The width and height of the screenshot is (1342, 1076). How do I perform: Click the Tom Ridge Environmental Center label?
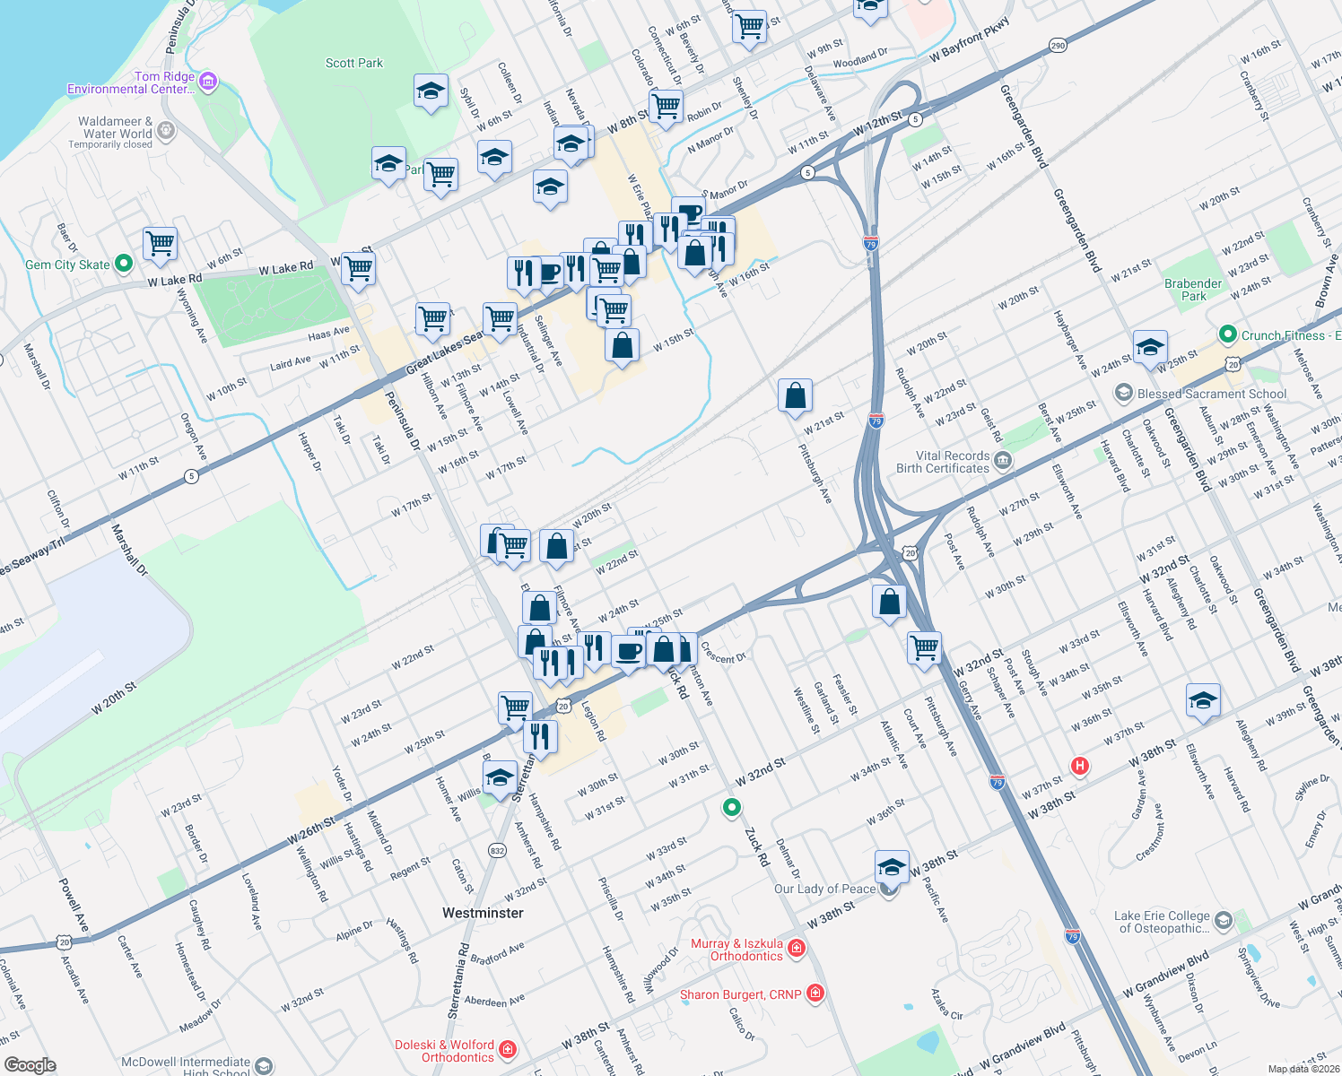click(130, 82)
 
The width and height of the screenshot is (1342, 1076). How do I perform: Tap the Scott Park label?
click(353, 63)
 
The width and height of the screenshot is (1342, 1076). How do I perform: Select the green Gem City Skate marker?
click(124, 264)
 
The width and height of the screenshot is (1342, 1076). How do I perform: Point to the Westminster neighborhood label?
click(483, 913)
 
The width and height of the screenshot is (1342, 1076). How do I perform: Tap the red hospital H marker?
click(1080, 766)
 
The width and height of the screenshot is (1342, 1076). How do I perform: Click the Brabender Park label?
click(1193, 290)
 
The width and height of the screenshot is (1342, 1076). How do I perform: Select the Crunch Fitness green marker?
click(1228, 335)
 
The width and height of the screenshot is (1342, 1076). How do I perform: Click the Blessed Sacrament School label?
click(1211, 394)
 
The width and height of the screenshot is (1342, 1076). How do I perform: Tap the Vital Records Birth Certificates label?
click(943, 462)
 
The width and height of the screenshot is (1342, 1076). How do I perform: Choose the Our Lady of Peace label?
click(824, 889)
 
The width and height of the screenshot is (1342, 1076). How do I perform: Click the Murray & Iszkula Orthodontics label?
click(736, 950)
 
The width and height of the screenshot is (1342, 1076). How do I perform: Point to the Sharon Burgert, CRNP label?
click(740, 994)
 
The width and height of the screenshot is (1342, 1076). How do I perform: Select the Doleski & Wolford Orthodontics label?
click(445, 1051)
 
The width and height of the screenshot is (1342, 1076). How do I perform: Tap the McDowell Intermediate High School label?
click(186, 1066)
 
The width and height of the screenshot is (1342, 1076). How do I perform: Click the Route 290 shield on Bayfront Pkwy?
click(1059, 46)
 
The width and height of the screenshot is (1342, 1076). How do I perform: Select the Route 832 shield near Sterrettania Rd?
click(497, 850)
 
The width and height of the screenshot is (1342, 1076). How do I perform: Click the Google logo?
click(30, 1064)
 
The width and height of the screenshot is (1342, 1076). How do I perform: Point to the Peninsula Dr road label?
click(403, 421)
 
